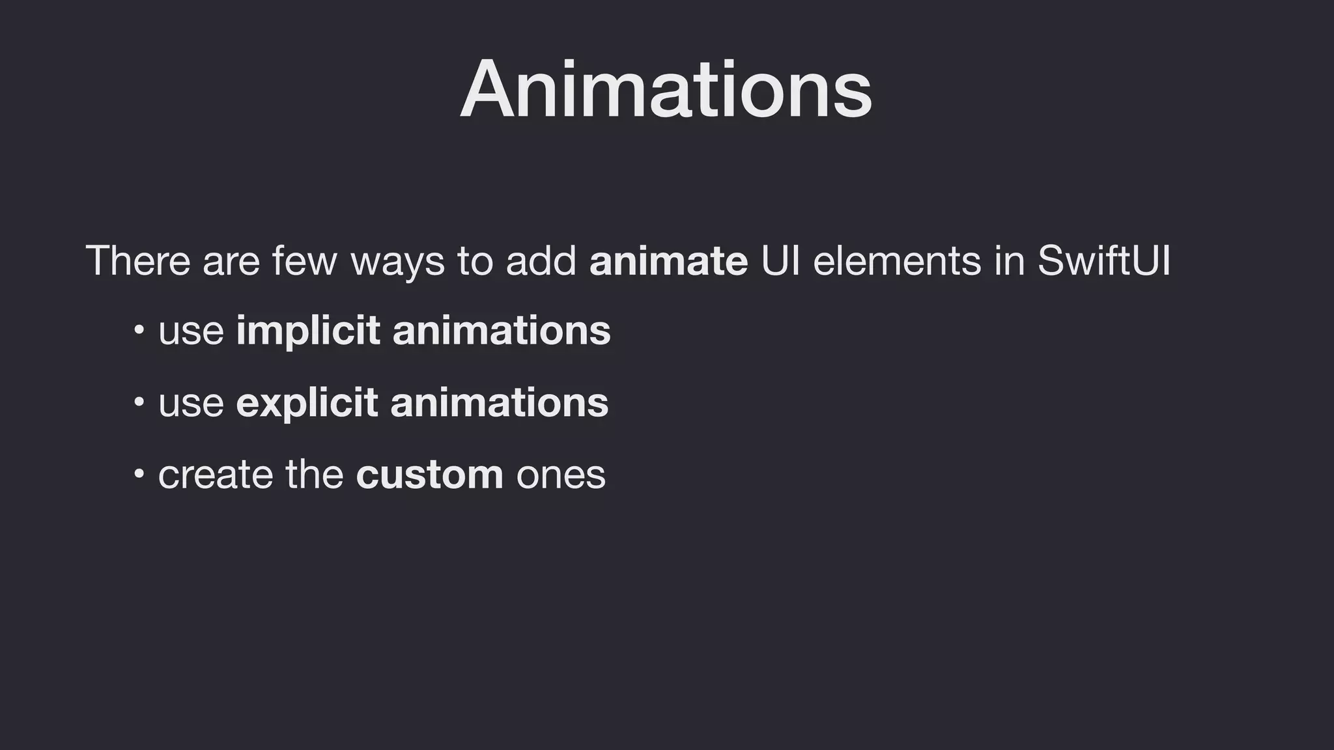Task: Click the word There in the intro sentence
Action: tap(137, 260)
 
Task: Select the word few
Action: tap(305, 260)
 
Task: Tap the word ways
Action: tap(397, 262)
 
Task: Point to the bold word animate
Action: tap(668, 260)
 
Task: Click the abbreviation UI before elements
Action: tap(780, 260)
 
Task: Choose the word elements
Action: tap(897, 260)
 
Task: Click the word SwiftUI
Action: tap(1103, 260)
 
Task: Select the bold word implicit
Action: tap(308, 331)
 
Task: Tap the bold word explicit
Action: tap(307, 403)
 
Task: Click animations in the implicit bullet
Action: tap(502, 331)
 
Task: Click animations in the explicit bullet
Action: tap(500, 403)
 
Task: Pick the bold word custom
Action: tap(429, 475)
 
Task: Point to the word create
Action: tap(216, 475)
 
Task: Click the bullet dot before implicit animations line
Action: tap(139, 330)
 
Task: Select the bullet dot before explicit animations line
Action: tap(139, 402)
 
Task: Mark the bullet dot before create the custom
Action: tap(139, 473)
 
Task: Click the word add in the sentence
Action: tap(541, 260)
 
